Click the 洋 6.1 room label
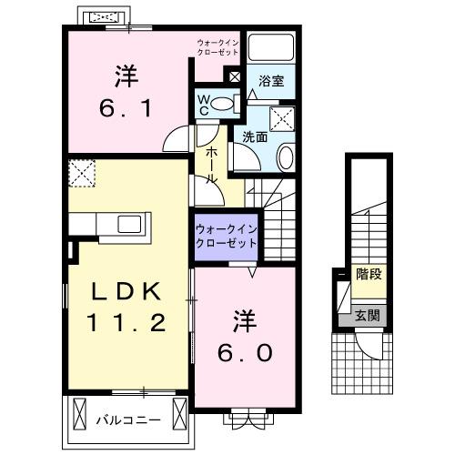(x=127, y=92)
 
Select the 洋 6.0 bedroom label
(x=243, y=338)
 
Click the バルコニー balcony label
(x=129, y=420)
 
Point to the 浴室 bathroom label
(x=271, y=81)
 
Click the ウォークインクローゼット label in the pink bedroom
(x=218, y=47)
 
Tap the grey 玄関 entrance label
(x=368, y=316)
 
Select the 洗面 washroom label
(x=254, y=136)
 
